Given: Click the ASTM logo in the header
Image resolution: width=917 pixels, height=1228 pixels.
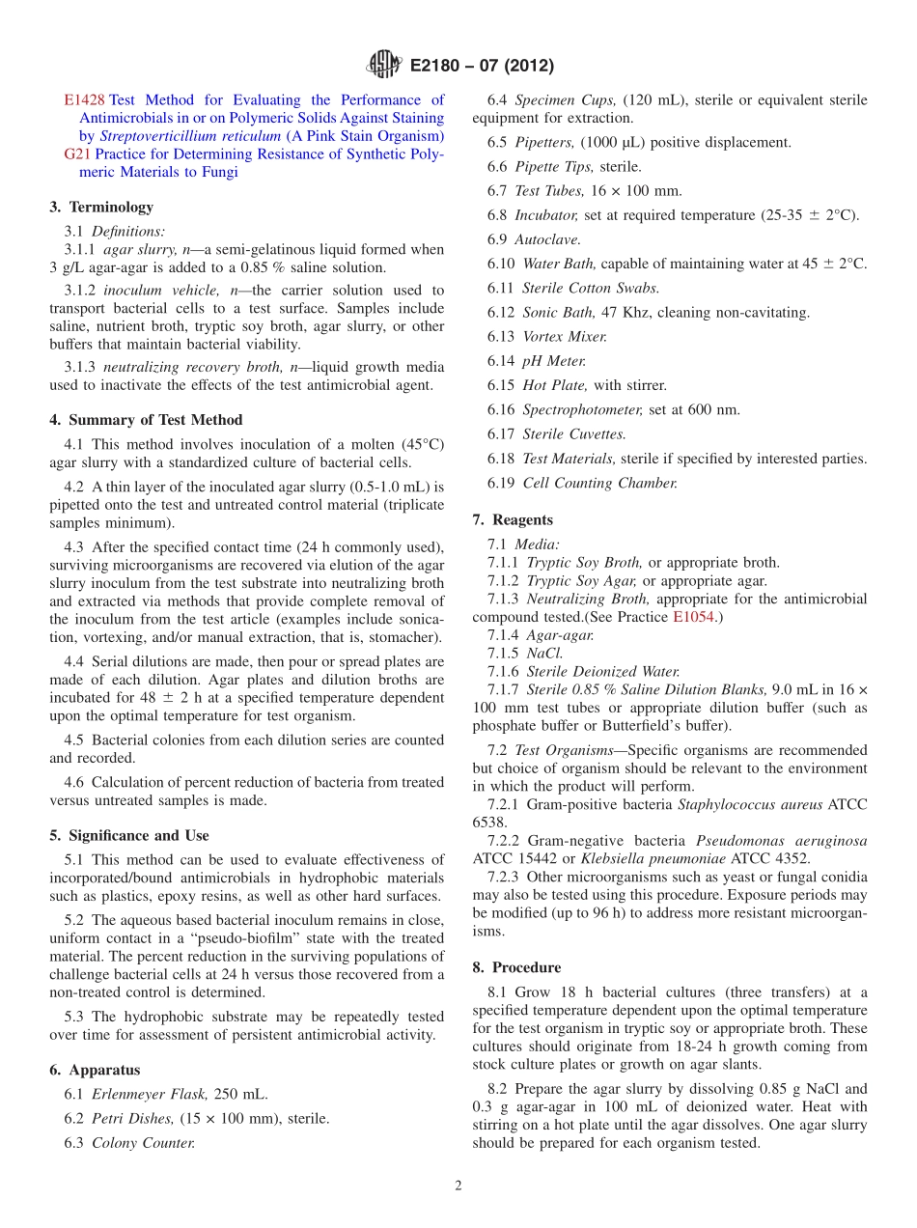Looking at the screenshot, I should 384,66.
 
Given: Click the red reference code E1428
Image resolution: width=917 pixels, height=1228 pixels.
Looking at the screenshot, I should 84,99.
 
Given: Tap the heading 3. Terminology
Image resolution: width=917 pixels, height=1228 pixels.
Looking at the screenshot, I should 100,207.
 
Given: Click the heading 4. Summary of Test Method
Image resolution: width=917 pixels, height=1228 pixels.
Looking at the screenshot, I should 146,420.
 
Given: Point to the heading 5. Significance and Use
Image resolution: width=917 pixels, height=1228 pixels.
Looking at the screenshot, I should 129,835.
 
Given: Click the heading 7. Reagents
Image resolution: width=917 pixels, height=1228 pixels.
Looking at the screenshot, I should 513,519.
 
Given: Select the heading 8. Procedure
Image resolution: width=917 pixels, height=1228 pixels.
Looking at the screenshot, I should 516,967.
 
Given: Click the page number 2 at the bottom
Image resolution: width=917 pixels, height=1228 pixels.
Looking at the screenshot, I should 458,1186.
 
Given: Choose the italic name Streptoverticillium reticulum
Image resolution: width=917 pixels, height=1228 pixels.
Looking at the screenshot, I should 190,136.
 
